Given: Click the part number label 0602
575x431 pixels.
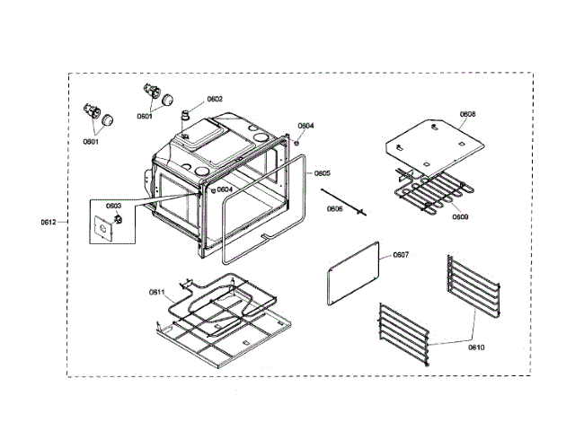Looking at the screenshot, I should pos(215,99).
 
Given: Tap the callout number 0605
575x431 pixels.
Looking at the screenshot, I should pos(322,173).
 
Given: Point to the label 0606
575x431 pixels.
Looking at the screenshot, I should pos(334,208).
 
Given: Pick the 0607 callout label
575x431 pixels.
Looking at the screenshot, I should pos(401,255).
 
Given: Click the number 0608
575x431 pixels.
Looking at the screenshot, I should pos(467,114).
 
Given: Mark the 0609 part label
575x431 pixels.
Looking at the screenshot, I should pos(460,216).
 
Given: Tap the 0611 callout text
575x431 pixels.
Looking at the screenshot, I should pos(157,292).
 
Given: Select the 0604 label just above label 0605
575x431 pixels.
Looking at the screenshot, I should pos(306,126).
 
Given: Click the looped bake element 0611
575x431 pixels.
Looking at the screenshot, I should pos(225,305).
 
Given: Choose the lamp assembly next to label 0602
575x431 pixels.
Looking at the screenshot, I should pos(154,93).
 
